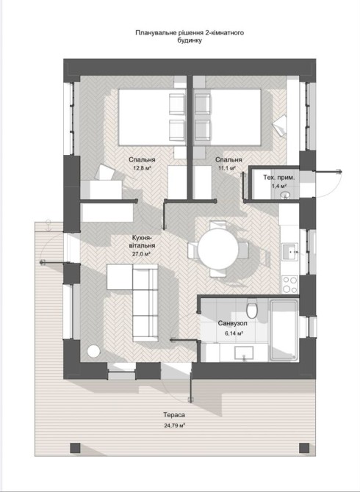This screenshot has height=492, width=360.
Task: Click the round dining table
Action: click(x=217, y=249)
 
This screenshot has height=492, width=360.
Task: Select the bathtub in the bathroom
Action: click(x=284, y=330)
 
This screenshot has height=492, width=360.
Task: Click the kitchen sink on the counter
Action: click(x=289, y=252)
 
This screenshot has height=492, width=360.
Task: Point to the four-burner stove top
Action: click(x=289, y=284)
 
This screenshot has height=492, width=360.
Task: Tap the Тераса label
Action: click(x=174, y=415)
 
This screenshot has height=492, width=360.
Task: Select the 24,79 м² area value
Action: click(x=174, y=426)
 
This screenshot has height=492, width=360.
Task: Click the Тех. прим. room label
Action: click(x=278, y=178)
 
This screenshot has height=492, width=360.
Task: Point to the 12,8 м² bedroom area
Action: click(x=142, y=168)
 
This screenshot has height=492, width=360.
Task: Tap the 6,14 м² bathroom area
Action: click(x=234, y=333)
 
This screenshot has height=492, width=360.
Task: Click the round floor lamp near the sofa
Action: click(x=93, y=351)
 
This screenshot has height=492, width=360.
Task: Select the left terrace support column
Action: click(x=75, y=448)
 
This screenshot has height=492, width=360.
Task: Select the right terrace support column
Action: click(x=304, y=448)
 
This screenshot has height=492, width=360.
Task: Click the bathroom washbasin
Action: click(x=244, y=353)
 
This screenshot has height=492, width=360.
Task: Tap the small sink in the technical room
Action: click(x=285, y=195)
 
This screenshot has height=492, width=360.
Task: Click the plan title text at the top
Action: click(x=190, y=37)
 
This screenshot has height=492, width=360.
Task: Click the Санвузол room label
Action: click(x=233, y=323)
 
